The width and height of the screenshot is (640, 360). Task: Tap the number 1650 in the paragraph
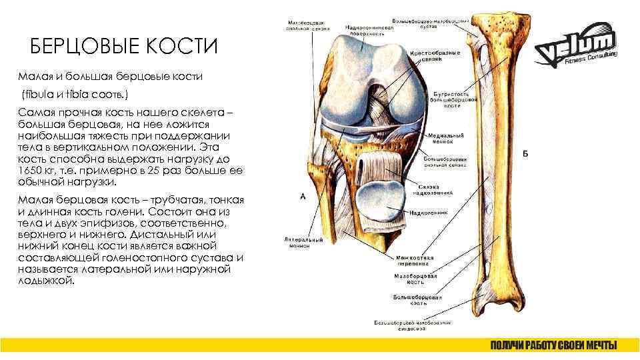pyautogui.click(x=33, y=171)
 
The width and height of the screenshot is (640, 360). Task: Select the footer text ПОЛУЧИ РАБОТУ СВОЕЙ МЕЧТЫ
pyautogui.click(x=553, y=345)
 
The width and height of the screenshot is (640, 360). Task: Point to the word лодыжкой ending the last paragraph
pyautogui.click(x=47, y=281)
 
